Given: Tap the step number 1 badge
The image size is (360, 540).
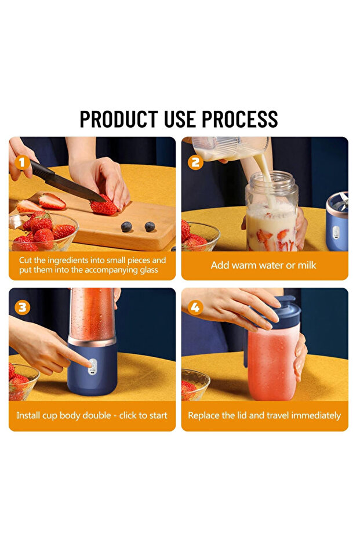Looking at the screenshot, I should [23, 162].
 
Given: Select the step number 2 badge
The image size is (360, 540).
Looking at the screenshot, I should [195, 162].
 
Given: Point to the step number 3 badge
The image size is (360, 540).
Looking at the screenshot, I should [23, 307].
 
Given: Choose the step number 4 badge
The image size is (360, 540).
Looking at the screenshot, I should [195, 307].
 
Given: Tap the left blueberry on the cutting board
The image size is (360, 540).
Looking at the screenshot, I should [126, 227].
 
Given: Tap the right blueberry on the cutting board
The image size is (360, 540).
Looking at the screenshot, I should [150, 227].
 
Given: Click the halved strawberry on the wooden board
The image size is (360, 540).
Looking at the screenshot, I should [52, 201].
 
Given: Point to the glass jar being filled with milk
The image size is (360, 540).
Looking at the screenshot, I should [271, 215].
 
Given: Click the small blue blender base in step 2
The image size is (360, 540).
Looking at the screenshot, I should [337, 229].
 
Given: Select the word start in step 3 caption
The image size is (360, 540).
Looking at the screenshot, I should [156, 415].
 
